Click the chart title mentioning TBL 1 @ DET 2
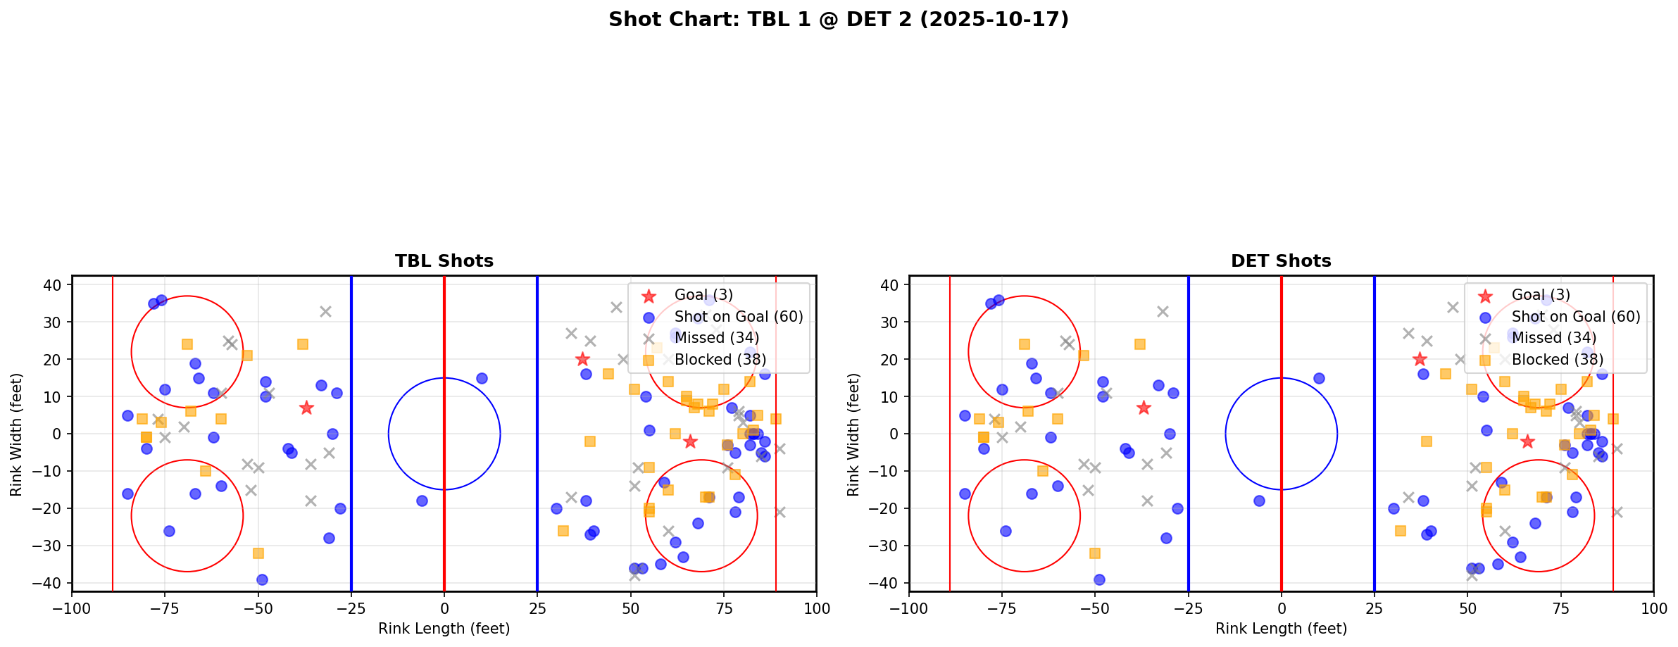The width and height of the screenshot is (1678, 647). coord(839,20)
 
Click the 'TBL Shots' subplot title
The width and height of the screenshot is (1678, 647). coord(444,261)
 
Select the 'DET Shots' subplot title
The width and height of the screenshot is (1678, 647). coord(1281,261)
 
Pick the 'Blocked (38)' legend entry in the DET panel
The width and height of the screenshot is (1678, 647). coord(1557,360)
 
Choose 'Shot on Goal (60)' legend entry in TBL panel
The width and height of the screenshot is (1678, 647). coord(738,317)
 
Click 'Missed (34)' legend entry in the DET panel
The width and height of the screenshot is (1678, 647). coord(1553,338)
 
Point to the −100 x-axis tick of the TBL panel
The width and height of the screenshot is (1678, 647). coord(72,608)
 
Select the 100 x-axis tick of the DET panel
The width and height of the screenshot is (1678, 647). coord(1653,608)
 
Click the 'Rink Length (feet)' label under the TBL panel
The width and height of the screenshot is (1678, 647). coord(444,629)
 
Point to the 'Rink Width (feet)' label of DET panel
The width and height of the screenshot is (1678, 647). coord(853,434)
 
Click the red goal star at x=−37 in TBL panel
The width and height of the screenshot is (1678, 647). coord(306,408)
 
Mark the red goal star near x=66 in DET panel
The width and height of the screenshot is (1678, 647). coord(1527,441)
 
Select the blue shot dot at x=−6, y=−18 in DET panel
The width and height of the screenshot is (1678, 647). coord(1259,501)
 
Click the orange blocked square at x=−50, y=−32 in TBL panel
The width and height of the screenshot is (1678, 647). coord(258,553)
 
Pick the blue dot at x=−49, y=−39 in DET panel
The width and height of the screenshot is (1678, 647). coord(1099,579)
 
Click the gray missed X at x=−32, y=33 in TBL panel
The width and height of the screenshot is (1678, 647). coord(325,311)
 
